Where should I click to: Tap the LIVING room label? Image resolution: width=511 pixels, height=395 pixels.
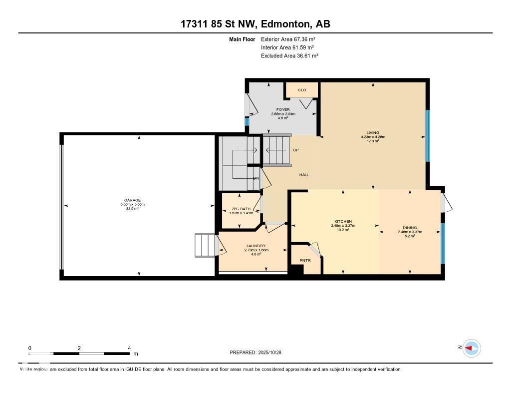(x=373, y=132)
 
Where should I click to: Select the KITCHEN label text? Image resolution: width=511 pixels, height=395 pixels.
(x=343, y=221)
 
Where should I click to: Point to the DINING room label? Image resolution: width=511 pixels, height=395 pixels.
(x=410, y=228)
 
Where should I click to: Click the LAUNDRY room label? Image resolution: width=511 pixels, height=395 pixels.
(x=255, y=246)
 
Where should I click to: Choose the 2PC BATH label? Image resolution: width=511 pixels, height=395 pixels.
(x=241, y=209)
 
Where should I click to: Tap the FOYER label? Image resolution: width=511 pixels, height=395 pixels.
(x=283, y=110)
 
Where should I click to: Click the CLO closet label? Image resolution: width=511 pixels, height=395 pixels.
(x=301, y=90)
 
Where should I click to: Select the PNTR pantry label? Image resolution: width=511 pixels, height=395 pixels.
(x=305, y=260)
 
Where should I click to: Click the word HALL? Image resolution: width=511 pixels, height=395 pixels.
(x=304, y=175)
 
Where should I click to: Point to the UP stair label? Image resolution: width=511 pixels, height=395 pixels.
(x=296, y=150)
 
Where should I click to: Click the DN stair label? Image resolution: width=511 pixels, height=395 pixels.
(x=256, y=178)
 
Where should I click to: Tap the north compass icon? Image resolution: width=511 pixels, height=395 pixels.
(x=471, y=348)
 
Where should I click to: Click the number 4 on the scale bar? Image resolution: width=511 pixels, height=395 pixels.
(x=129, y=348)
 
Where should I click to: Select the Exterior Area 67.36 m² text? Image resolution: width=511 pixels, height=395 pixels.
(x=288, y=39)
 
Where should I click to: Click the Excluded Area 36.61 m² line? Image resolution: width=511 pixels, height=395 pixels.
(x=289, y=56)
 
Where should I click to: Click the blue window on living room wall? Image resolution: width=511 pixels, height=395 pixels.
(x=427, y=135)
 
